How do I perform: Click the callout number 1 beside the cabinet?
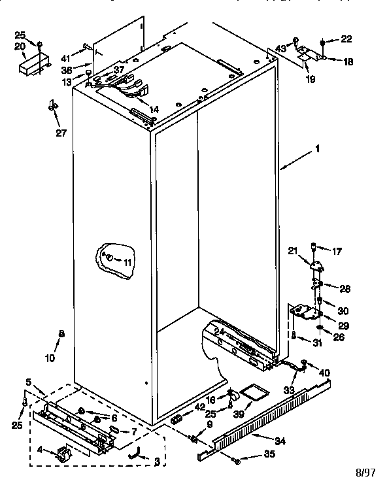click(317, 148)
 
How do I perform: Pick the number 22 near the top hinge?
click(346, 40)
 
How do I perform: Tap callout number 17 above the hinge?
click(337, 250)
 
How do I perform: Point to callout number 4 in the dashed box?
click(41, 450)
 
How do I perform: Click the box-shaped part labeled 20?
click(33, 66)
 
